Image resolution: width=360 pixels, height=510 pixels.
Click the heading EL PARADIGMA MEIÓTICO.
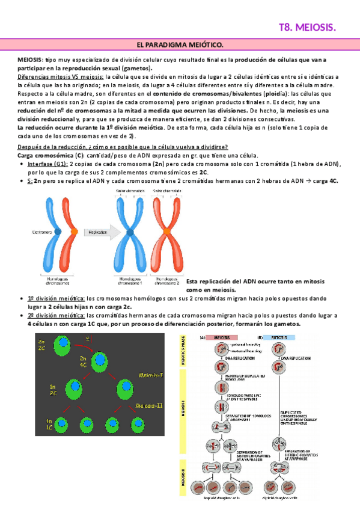pyautogui.click(x=180, y=46)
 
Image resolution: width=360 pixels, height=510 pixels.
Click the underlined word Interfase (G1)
pyautogui.click(x=47, y=164)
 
